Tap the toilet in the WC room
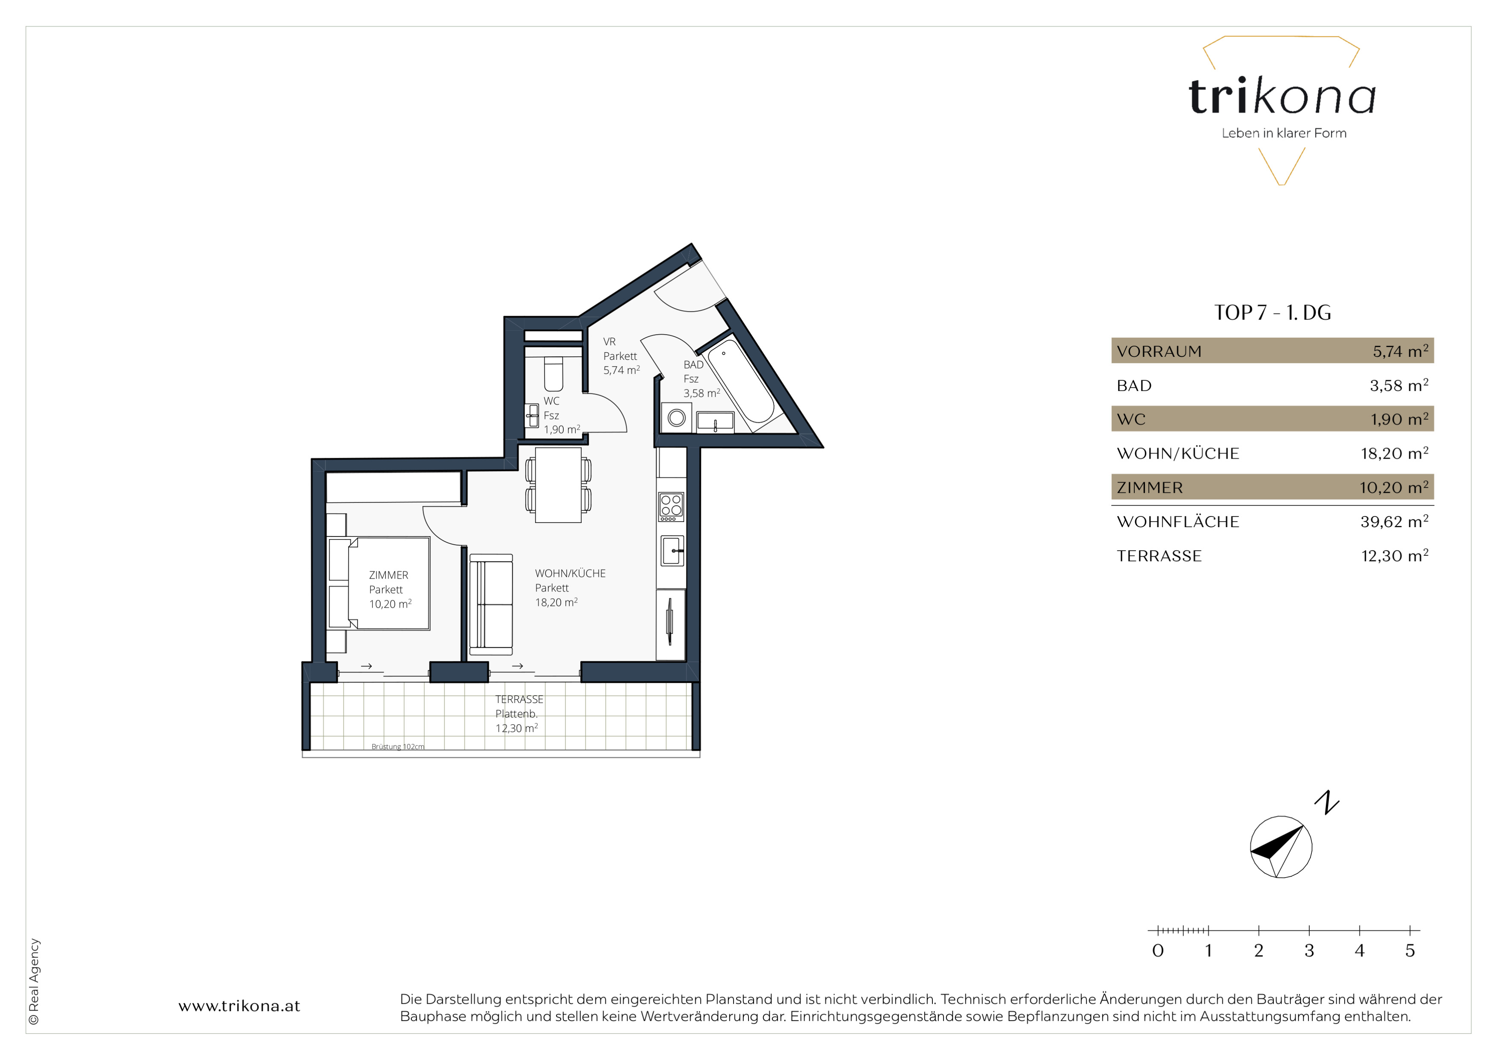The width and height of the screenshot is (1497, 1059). [x=553, y=373]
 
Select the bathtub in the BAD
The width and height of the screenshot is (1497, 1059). [x=741, y=382]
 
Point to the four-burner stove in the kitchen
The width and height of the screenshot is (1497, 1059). [x=671, y=507]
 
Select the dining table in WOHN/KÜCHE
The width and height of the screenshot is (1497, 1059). [x=558, y=484]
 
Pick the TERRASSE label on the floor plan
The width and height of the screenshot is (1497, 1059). [x=519, y=699]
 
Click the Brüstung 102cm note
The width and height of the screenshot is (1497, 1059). [x=398, y=747]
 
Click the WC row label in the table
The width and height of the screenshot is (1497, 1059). [x=1131, y=419]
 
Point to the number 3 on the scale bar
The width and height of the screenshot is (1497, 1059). [x=1309, y=951]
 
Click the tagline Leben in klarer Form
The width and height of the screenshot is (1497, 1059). [x=1284, y=133]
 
